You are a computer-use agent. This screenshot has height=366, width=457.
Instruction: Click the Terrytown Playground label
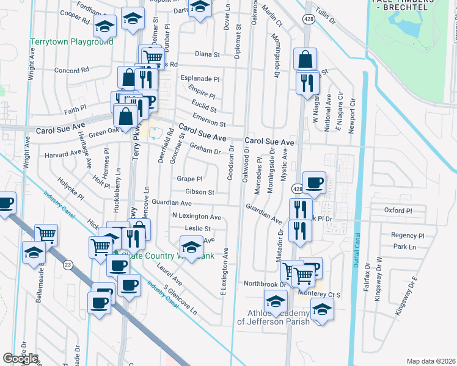coord(71,42)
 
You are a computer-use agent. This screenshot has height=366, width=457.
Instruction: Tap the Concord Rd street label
coord(71,70)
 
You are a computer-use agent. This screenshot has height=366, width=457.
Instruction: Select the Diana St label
coord(207,54)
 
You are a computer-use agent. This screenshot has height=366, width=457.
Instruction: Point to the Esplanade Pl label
coord(200,79)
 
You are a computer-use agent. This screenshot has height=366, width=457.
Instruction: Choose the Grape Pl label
coord(189,179)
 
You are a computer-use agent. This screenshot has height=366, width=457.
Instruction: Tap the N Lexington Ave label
coord(196,217)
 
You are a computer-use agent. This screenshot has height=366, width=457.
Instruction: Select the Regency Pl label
coord(408,235)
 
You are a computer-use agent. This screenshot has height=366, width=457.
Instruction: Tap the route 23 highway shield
coord(67,264)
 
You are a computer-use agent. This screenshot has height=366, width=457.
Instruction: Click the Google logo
coord(20,359)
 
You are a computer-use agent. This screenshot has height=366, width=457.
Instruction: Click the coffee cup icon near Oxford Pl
coord(314,183)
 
